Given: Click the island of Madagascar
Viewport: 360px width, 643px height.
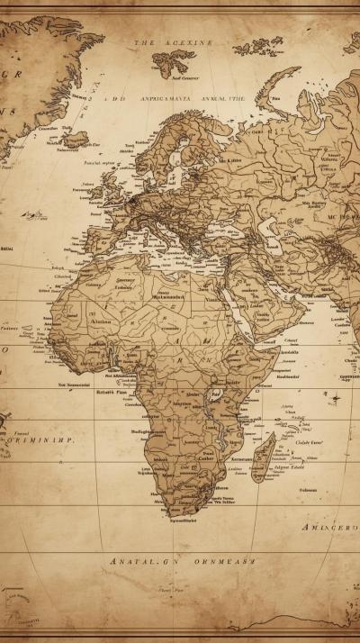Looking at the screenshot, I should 263,457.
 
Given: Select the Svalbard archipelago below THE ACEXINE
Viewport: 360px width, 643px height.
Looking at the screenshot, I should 173,61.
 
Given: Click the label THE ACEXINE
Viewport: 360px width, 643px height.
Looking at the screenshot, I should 174,42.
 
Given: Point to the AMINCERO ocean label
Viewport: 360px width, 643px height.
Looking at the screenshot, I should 329,527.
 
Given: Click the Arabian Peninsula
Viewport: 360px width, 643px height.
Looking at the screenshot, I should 265,306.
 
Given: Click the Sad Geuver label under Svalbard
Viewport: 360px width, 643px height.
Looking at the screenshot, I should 174,79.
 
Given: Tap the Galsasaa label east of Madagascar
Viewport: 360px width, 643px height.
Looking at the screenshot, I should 308,490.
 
